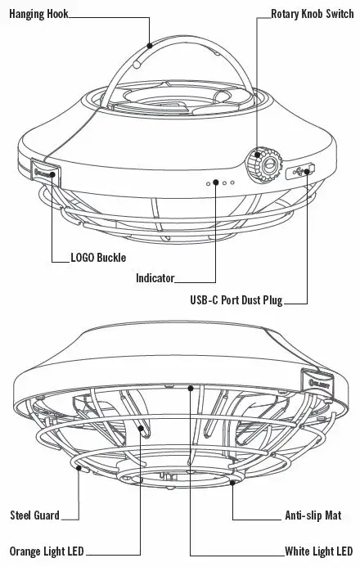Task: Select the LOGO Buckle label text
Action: [x=99, y=258]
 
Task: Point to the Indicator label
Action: [x=155, y=278]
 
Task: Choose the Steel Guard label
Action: [x=34, y=515]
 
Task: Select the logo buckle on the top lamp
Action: [x=45, y=171]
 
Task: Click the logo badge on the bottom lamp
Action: [x=321, y=380]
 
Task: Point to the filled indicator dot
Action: [x=215, y=182]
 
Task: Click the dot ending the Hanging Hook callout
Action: [x=150, y=46]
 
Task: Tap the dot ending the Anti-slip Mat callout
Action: [x=234, y=483]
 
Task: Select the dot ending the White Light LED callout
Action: [x=190, y=387]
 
